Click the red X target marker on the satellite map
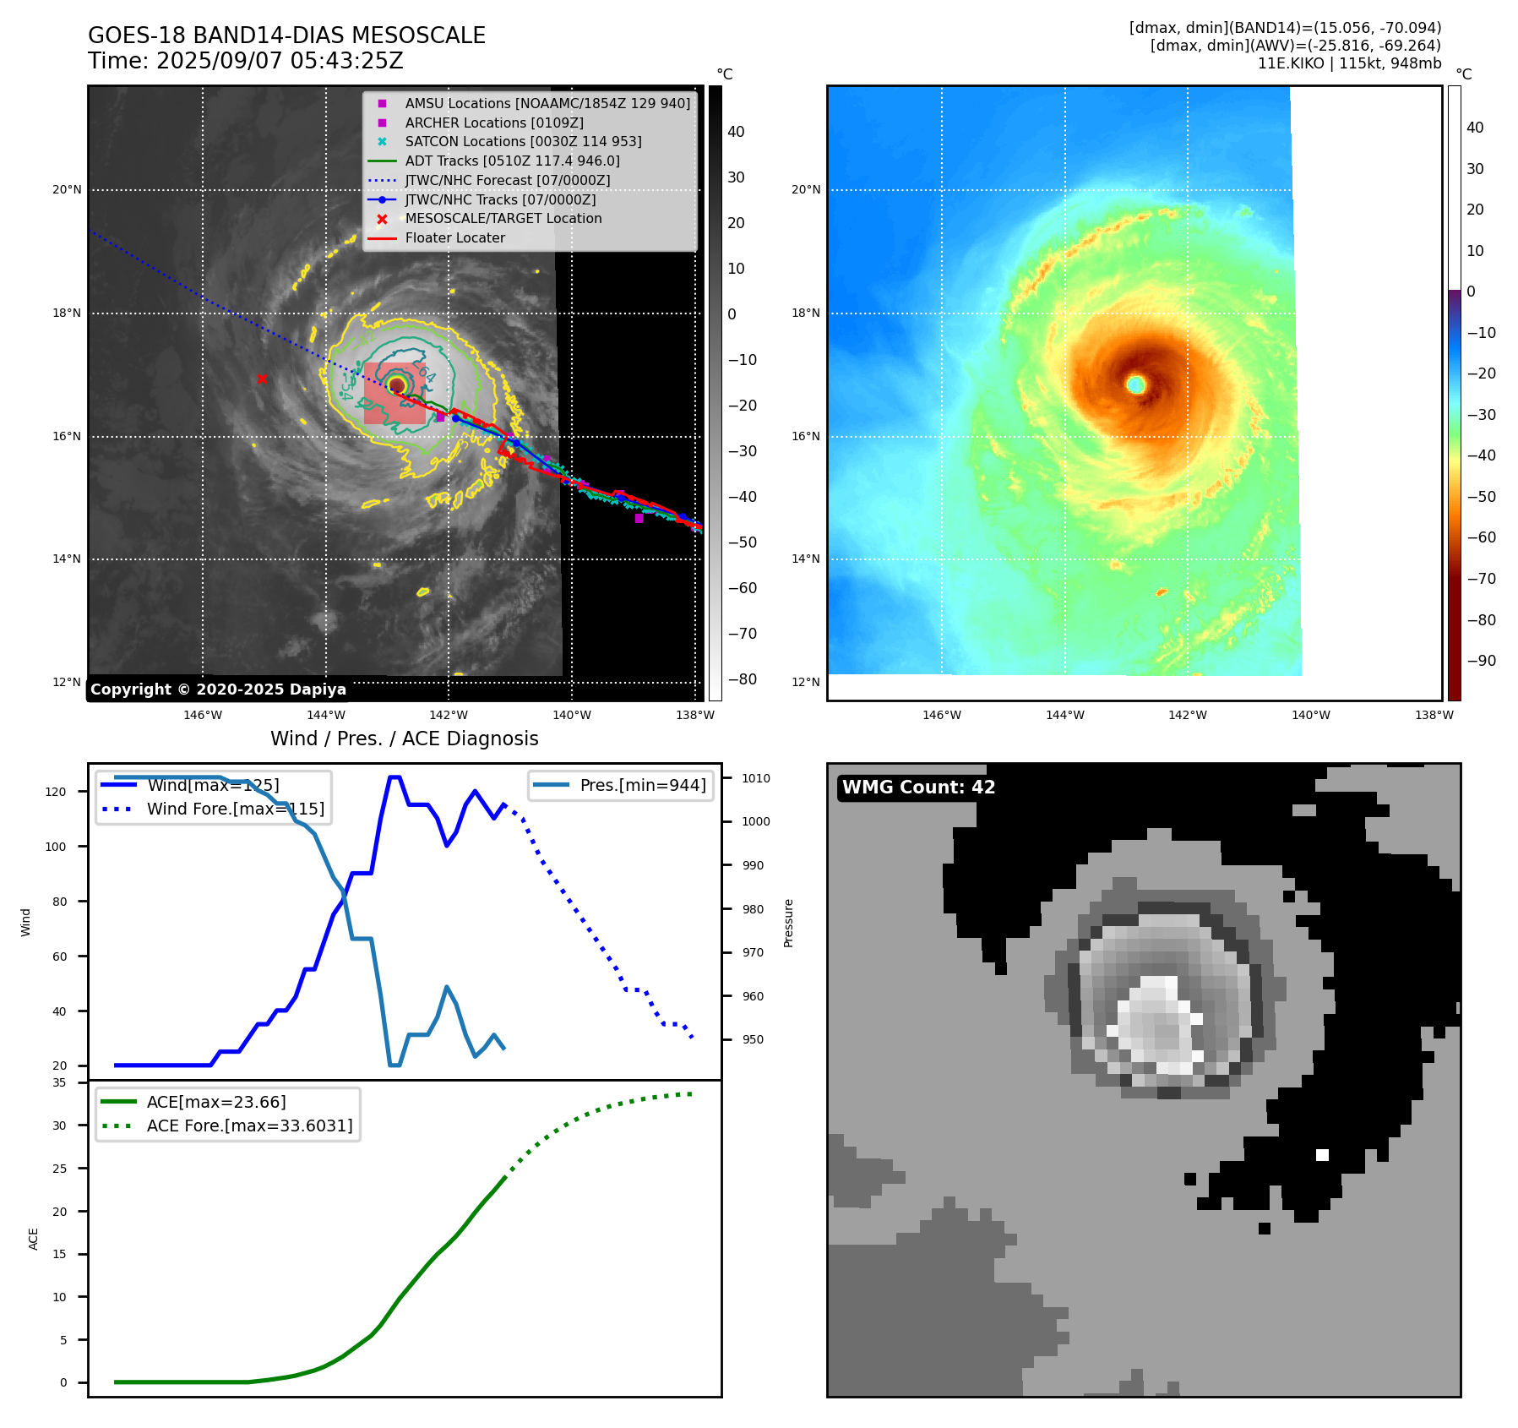point(262,379)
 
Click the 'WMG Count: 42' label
point(918,788)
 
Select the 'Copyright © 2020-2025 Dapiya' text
point(218,689)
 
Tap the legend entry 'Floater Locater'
point(454,238)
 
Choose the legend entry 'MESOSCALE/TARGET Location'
point(503,219)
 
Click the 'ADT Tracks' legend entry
point(512,161)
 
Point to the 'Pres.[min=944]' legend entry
point(642,785)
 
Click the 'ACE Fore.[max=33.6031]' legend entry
point(249,1126)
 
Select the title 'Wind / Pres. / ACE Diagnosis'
point(404,739)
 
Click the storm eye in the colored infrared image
point(1135,384)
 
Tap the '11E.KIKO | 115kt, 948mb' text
point(1349,63)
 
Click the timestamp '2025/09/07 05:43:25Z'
point(280,62)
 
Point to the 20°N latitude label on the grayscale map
point(67,190)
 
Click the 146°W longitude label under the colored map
point(941,715)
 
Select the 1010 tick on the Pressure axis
point(756,778)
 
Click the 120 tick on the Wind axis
point(55,792)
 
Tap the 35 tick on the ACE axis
point(59,1082)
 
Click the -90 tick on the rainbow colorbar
point(1481,661)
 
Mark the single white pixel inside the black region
point(1322,1155)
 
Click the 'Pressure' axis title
point(788,923)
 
